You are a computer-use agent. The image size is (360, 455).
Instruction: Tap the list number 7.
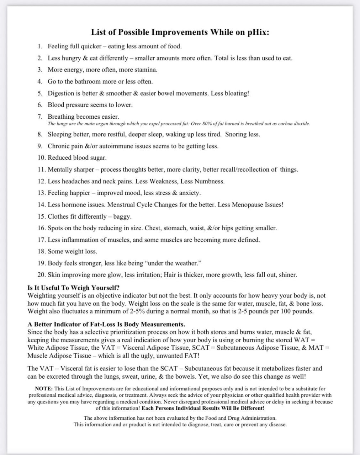pos(40,117)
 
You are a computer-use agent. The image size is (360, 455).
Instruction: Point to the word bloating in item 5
pos(237,93)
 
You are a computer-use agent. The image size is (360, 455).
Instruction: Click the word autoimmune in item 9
pos(125,146)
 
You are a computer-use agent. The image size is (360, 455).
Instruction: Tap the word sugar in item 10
pos(98,157)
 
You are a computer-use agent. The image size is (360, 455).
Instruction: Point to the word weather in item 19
pos(187,263)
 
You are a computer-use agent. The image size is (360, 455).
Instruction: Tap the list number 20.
pos(41,275)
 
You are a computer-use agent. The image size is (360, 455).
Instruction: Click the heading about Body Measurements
pos(106,324)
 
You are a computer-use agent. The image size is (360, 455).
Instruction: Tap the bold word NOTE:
pos(44,389)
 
